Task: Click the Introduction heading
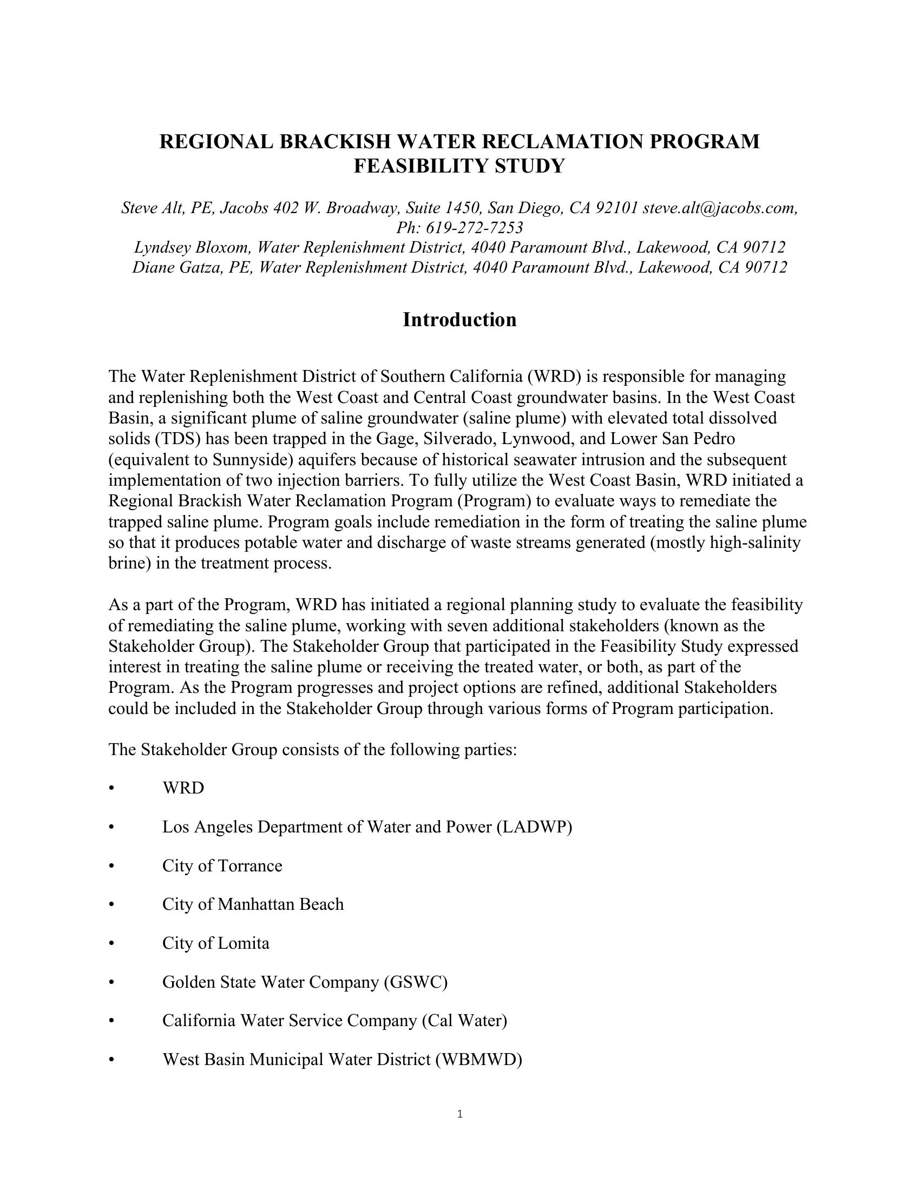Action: click(x=459, y=320)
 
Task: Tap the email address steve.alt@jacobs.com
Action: click(x=720, y=208)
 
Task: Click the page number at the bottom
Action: click(x=459, y=1114)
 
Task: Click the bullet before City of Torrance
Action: click(x=111, y=866)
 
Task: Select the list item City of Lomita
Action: click(x=216, y=943)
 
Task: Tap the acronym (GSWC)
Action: click(x=415, y=982)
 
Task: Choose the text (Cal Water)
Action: click(x=464, y=1021)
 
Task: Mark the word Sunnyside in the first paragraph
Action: click(x=252, y=460)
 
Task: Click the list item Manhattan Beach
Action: click(x=281, y=904)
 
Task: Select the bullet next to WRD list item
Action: click(x=111, y=789)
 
